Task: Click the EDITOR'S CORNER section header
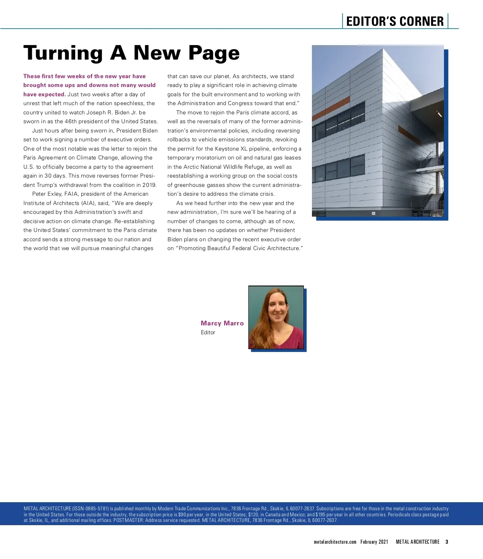[394, 21]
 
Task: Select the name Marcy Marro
[222, 323]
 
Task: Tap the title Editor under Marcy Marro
[208, 332]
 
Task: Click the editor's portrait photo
[276, 317]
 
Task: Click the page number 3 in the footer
[447, 542]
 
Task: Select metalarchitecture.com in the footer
[335, 542]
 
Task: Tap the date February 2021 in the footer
[374, 542]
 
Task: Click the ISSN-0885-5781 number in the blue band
[91, 509]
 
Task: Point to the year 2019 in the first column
[149, 185]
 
